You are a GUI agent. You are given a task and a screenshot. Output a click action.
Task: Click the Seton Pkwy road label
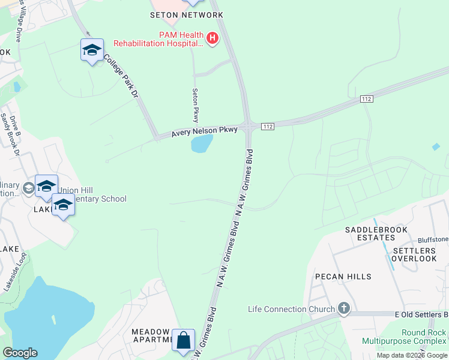(x=195, y=105)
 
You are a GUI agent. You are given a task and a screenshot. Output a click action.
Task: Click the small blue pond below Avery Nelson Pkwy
(x=202, y=143)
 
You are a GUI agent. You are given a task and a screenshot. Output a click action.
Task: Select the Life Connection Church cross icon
(x=343, y=309)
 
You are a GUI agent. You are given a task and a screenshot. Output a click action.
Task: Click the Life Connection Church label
(x=291, y=310)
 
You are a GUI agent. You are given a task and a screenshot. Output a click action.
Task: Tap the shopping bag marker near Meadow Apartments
(x=183, y=340)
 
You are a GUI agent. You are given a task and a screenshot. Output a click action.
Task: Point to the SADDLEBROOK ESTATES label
(x=376, y=234)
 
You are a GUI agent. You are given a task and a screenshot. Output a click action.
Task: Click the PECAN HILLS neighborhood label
(x=343, y=277)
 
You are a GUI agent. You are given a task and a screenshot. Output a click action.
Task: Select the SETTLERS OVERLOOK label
(x=414, y=254)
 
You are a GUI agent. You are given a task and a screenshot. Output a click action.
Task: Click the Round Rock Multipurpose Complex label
(x=405, y=337)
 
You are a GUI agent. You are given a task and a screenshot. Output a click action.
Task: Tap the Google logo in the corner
(x=20, y=353)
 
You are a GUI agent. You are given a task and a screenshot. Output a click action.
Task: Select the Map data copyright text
(x=412, y=355)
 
